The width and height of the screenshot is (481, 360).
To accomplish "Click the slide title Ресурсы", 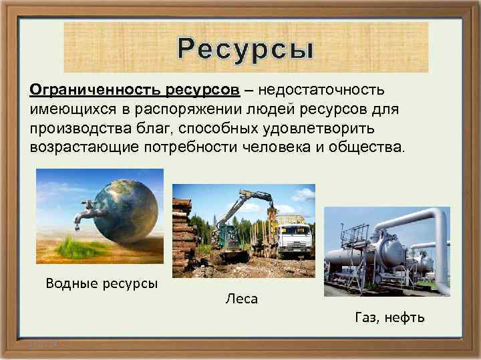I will pyautogui.click(x=245, y=48).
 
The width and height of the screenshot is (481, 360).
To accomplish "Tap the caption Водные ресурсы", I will pyautogui.click(x=102, y=283).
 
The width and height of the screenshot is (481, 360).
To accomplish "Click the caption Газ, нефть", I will pyautogui.click(x=389, y=317).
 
